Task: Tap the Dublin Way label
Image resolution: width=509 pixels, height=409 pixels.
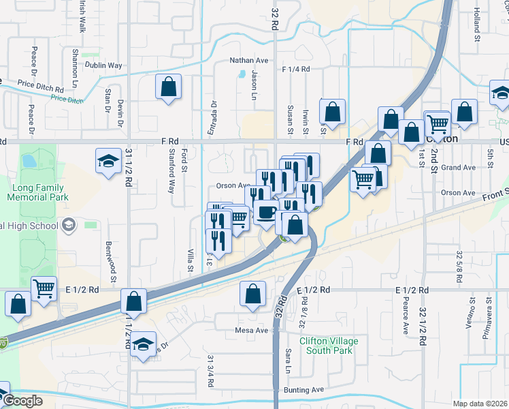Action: click(x=103, y=65)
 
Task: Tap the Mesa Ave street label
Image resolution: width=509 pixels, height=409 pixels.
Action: click(x=252, y=331)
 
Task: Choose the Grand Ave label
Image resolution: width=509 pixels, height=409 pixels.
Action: click(x=458, y=167)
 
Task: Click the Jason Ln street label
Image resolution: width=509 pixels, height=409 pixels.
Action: click(x=255, y=85)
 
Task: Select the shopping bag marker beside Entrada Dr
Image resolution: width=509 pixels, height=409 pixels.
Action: click(x=168, y=87)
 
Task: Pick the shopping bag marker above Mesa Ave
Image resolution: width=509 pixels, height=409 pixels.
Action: click(x=252, y=294)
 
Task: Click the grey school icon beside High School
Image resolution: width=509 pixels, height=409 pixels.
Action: click(x=68, y=225)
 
